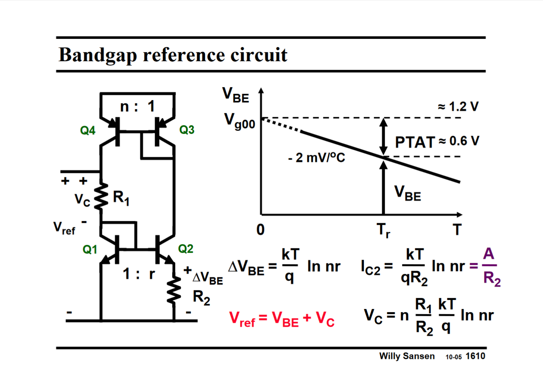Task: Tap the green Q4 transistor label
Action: [87, 131]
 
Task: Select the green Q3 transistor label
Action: [187, 130]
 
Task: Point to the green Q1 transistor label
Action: [90, 249]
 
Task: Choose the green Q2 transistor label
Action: [185, 249]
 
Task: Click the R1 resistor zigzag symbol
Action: [102, 196]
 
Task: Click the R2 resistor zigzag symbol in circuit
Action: [174, 290]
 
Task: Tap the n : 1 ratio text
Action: [137, 106]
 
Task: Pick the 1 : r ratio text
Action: [139, 274]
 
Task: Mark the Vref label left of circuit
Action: [64, 228]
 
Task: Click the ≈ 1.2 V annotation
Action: [458, 107]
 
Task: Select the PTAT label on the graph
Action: [415, 142]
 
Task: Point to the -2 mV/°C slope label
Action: [316, 158]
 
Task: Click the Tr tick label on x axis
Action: [383, 230]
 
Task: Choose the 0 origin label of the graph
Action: [260, 229]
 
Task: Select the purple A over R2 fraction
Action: [490, 267]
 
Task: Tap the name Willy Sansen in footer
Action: [407, 356]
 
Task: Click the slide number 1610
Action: [475, 356]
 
